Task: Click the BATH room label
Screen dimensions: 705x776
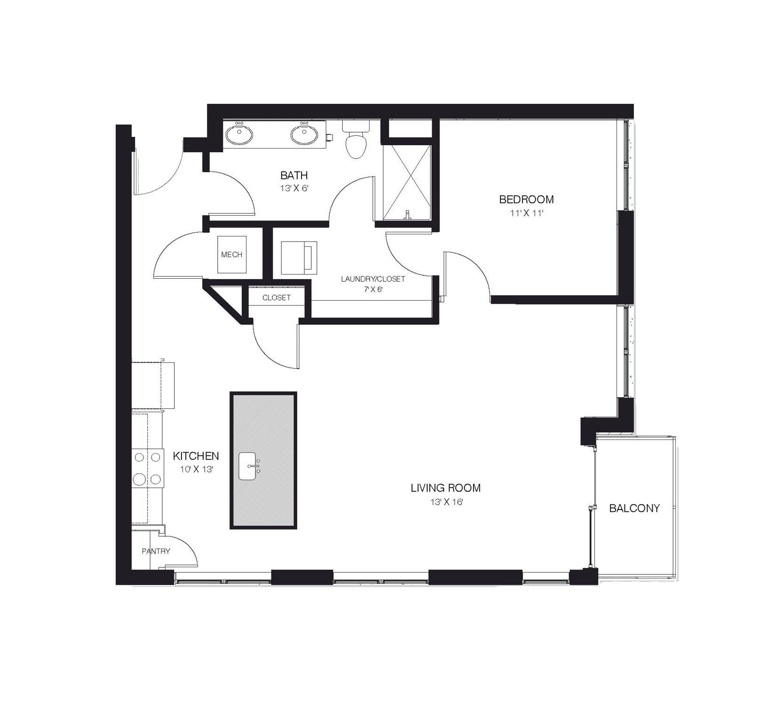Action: point(294,175)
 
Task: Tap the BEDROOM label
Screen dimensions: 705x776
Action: point(526,199)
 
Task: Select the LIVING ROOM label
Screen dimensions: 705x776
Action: point(445,488)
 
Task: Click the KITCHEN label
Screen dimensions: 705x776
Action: point(196,456)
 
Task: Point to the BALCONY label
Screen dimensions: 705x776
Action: point(634,508)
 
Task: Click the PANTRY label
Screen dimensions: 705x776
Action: point(156,551)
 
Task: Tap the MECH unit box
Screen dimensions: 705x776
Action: point(231,254)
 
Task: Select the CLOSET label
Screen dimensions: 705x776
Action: point(276,298)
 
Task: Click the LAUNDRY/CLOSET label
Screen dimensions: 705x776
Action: point(373,279)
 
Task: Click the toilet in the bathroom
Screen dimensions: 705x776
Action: point(356,143)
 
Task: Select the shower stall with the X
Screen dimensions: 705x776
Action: point(407,182)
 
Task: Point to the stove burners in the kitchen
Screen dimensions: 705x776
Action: point(147,468)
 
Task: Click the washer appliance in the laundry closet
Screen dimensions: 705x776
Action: point(299,258)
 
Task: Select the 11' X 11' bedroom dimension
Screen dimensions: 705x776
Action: point(526,213)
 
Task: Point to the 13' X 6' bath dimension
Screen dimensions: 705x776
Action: point(294,188)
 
